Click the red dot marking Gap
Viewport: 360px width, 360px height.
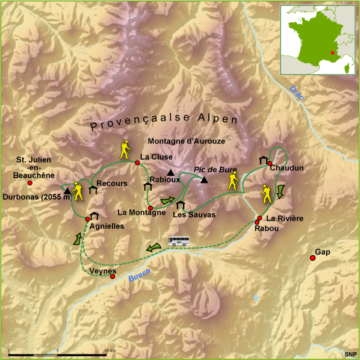click(312, 258)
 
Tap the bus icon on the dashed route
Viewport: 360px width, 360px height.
click(178, 242)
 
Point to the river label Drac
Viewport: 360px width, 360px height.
click(296, 93)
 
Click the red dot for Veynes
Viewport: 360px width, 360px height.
click(113, 276)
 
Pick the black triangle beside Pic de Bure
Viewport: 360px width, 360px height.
click(205, 180)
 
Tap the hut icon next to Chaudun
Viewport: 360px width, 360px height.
click(263, 160)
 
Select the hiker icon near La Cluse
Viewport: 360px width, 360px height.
click(125, 149)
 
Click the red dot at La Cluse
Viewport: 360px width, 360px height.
click(137, 163)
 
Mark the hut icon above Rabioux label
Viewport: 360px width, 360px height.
click(147, 187)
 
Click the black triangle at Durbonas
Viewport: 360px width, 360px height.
click(67, 191)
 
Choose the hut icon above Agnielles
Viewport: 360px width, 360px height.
click(94, 216)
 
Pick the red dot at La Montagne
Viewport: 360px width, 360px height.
click(151, 208)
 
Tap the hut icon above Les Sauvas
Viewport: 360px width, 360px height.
click(180, 205)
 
